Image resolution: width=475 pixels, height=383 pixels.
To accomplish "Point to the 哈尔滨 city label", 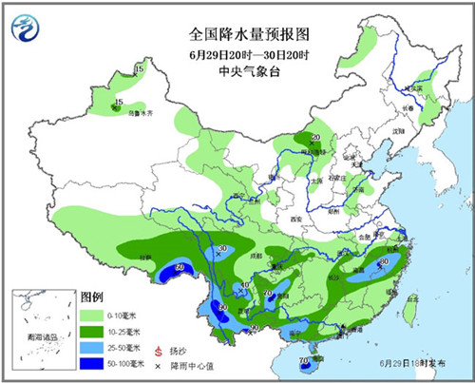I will click(x=411, y=87).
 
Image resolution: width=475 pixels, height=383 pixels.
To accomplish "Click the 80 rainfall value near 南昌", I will click(x=384, y=261).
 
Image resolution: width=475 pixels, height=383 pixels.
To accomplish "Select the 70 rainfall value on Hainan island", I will click(x=304, y=360).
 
